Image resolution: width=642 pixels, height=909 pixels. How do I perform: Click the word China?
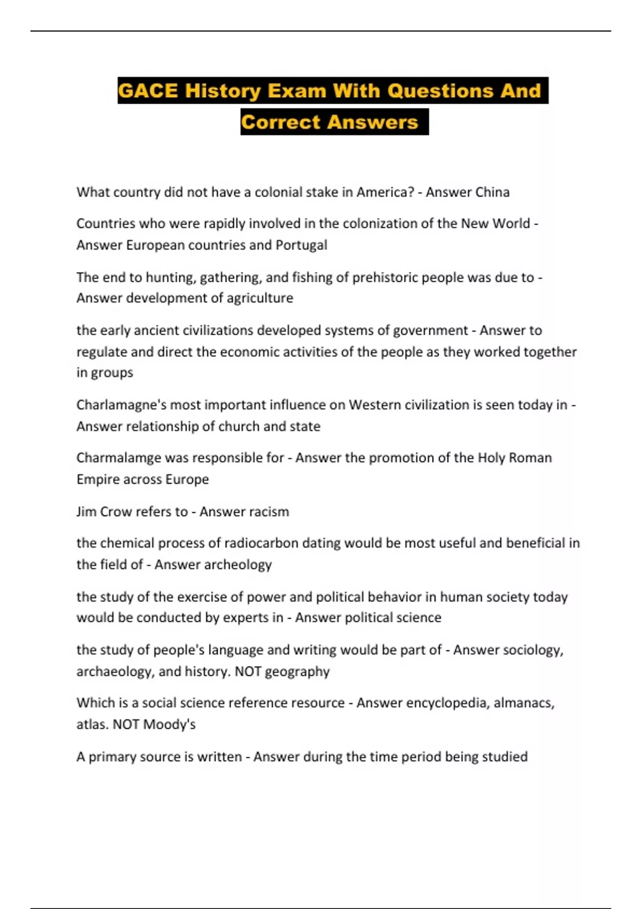click(488, 192)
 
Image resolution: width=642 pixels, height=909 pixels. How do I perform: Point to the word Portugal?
click(301, 245)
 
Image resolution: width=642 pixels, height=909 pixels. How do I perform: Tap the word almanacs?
click(524, 703)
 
